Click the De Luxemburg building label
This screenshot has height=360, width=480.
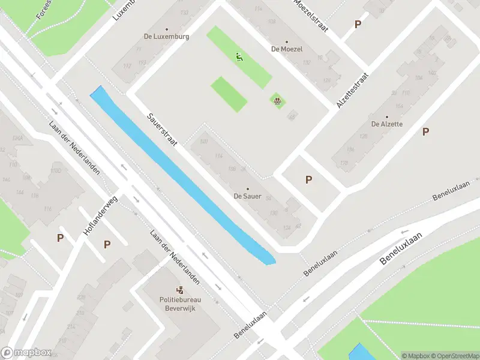(x=166, y=36)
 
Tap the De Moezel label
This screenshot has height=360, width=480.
(x=287, y=49)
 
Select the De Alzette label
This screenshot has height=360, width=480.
(x=387, y=124)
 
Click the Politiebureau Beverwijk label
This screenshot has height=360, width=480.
(x=179, y=304)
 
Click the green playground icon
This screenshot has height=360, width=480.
(x=239, y=58)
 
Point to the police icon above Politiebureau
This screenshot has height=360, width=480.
(x=179, y=290)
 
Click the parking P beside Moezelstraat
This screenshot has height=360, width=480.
(x=358, y=25)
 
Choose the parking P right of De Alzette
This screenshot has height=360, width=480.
(x=426, y=131)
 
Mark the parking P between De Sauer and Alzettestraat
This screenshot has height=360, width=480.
(x=309, y=179)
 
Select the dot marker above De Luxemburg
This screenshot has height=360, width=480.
(x=166, y=29)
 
